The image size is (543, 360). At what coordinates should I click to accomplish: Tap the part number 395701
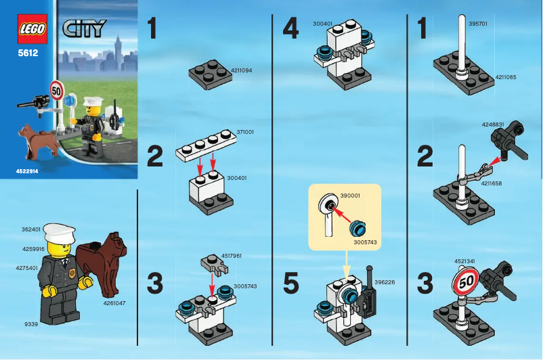click(478, 23)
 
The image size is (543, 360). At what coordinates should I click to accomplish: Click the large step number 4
click(290, 28)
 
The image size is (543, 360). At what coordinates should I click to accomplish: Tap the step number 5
click(290, 284)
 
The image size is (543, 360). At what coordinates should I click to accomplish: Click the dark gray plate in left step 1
click(210, 72)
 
